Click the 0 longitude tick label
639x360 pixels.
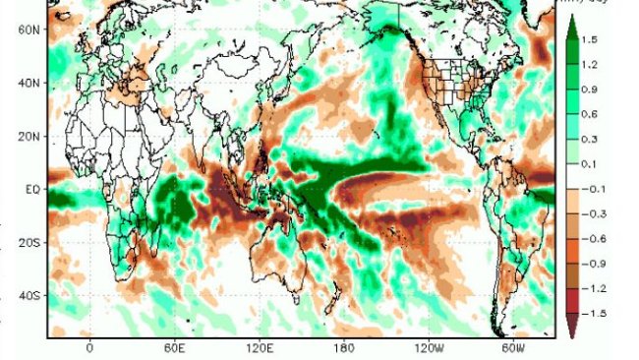[89, 348]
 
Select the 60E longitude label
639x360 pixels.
[174, 348]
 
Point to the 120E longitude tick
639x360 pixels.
[260, 348]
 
